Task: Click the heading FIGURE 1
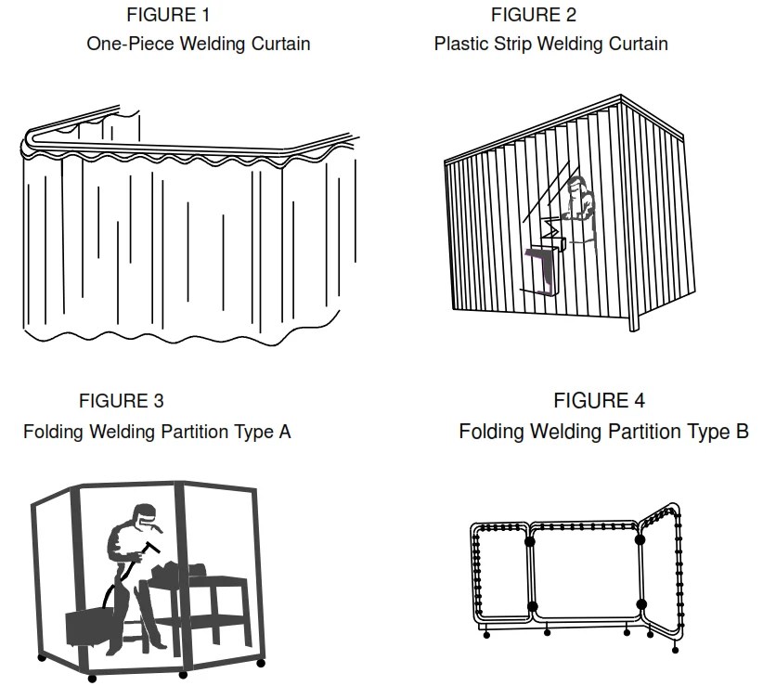[x=168, y=15]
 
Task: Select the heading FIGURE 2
[x=533, y=15]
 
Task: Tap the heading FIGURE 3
[x=122, y=401]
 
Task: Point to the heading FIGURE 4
[x=599, y=401]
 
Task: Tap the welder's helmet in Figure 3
[x=144, y=513]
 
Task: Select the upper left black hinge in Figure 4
[x=529, y=540]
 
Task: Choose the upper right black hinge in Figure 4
[x=640, y=537]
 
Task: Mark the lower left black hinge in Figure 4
[x=532, y=606]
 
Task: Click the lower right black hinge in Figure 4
[x=640, y=604]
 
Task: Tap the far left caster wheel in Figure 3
[x=42, y=657]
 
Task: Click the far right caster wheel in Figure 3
[x=261, y=663]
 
